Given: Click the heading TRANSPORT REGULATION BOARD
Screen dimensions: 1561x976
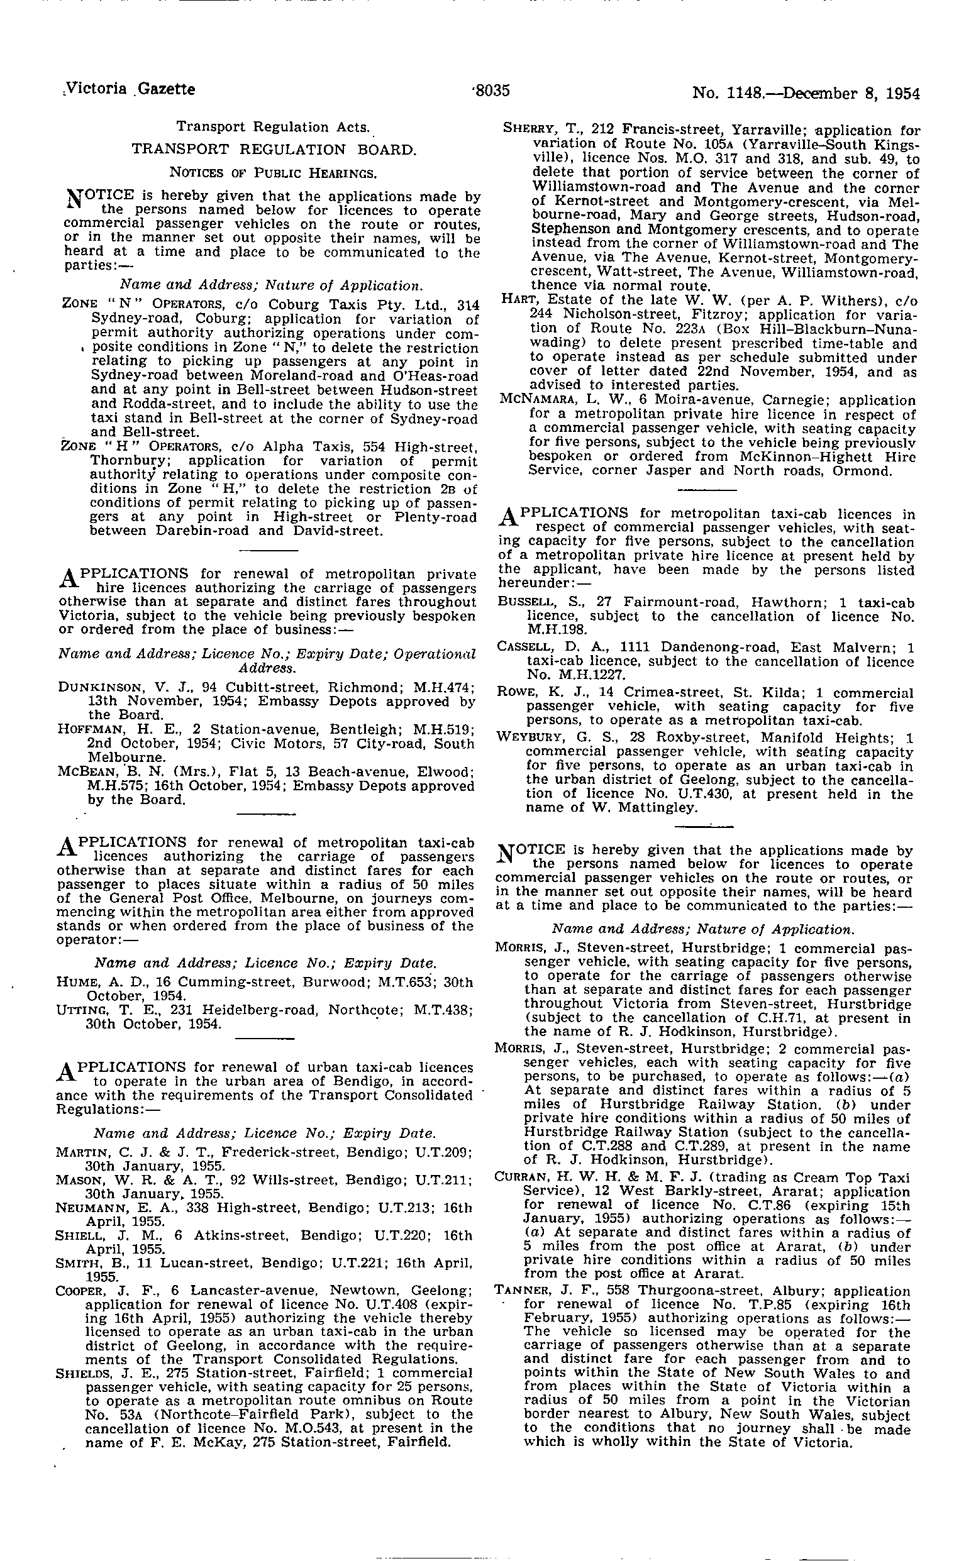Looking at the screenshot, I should pyautogui.click(x=274, y=150).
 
